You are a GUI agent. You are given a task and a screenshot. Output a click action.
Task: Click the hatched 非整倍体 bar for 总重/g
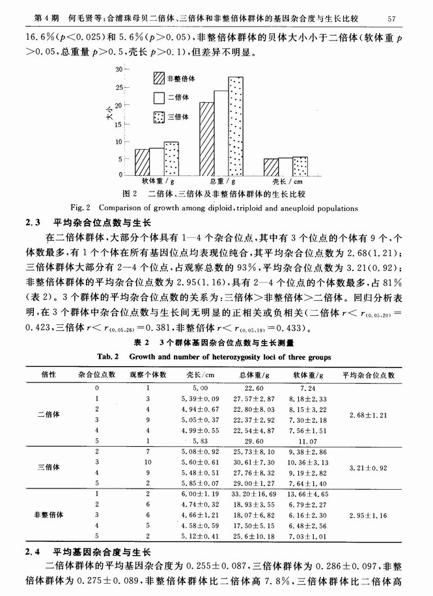[206, 138]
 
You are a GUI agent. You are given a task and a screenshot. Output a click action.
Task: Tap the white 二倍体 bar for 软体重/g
[156, 161]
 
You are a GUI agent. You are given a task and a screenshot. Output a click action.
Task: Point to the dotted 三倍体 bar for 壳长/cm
[300, 165]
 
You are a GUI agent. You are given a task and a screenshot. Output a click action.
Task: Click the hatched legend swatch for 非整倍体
[158, 78]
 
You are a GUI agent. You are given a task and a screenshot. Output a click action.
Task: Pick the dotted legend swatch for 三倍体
[158, 117]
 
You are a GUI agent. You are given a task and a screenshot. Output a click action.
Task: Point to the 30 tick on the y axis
[119, 69]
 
